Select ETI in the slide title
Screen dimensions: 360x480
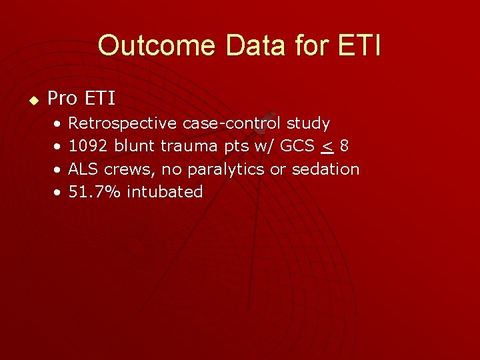[359, 46]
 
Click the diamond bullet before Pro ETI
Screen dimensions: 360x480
[30, 100]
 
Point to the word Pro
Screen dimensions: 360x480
[63, 99]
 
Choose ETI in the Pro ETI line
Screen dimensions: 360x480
[101, 99]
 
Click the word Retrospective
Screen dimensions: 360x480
[123, 123]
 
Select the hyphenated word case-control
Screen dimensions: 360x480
[231, 123]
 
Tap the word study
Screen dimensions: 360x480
[308, 123]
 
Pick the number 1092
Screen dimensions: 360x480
[89, 146]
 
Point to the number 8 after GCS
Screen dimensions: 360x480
[343, 146]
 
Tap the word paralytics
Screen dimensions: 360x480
[226, 169]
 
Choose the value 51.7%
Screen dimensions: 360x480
[95, 192]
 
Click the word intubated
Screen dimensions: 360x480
[165, 192]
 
